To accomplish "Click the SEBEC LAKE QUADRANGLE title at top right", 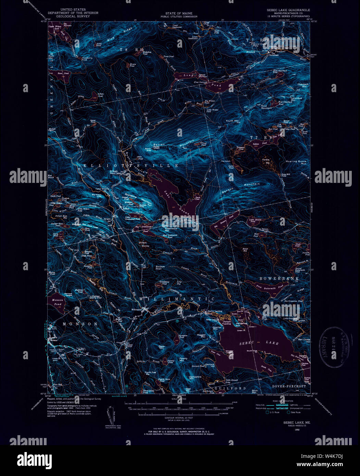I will click(x=288, y=10).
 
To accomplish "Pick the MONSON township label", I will click(x=80, y=324).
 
